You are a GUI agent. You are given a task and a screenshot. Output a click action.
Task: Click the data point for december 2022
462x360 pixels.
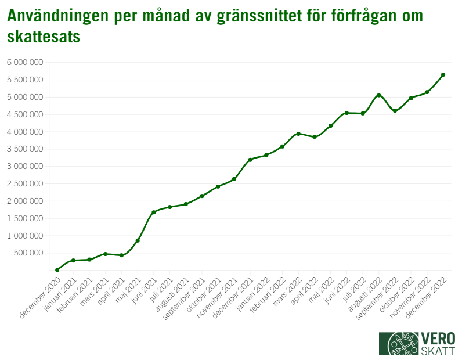[443, 74]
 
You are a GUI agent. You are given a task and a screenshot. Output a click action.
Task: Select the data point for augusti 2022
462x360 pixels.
[378, 95]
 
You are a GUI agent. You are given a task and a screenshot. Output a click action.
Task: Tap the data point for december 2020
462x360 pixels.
[57, 270]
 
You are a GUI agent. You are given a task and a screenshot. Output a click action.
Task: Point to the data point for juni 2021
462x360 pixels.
[154, 212]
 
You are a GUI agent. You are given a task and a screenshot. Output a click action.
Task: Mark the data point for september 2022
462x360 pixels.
[395, 111]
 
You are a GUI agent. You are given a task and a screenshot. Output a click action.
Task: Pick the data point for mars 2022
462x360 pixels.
[298, 134]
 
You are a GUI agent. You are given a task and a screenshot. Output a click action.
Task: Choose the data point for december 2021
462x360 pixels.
[250, 160]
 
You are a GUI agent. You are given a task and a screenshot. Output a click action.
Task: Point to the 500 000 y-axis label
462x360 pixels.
[28, 253]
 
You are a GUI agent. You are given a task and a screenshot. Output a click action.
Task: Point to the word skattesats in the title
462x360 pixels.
[44, 37]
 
